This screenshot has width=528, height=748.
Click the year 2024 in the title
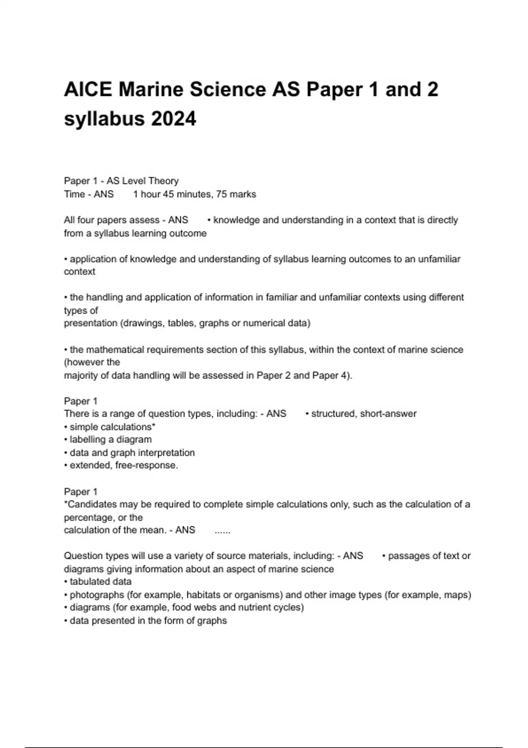[x=173, y=119]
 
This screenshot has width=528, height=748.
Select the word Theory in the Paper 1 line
[x=164, y=181]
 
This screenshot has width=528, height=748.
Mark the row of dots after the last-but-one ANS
[x=222, y=530]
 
